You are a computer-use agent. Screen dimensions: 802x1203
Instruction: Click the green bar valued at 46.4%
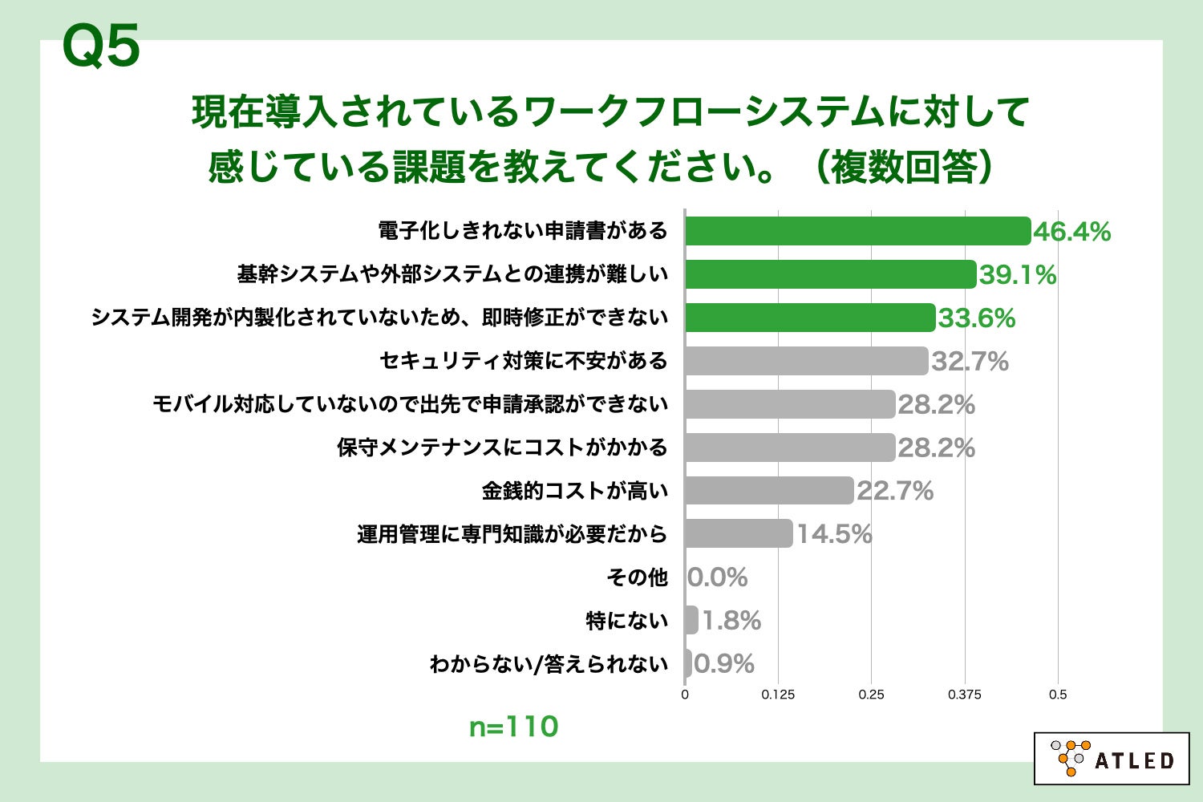coord(857,231)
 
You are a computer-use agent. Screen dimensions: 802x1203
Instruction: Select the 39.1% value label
coord(1018,275)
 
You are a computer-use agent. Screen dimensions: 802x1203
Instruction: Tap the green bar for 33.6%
coord(810,318)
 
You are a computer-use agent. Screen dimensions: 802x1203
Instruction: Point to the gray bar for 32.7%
coord(806,361)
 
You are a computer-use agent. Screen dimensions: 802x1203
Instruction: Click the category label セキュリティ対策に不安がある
coord(523,361)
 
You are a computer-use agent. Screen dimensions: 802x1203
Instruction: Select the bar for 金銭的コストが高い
coord(769,490)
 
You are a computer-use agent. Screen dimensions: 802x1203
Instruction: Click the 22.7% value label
coord(895,491)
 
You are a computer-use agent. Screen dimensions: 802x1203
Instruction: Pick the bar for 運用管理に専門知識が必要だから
coord(739,533)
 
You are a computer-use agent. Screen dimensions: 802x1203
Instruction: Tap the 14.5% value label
coord(834,534)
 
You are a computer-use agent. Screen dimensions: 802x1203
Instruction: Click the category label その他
coord(637,577)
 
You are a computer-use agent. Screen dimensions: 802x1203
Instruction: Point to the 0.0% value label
coord(718,577)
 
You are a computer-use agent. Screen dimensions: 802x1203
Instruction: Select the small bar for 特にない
coord(691,620)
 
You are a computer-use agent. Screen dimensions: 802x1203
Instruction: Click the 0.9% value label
coord(724,664)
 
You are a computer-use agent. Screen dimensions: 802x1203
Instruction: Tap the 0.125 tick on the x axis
coord(778,695)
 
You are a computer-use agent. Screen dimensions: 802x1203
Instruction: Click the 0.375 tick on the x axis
coord(964,695)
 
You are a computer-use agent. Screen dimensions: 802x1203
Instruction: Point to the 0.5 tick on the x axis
coord(1058,695)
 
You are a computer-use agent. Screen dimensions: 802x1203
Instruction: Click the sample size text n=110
coord(513,727)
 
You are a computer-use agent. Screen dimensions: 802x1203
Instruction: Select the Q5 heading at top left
coord(101,47)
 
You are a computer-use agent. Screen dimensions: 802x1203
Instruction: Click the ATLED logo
coord(1112,758)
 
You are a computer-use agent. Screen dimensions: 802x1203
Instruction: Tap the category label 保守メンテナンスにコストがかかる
coord(502,448)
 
